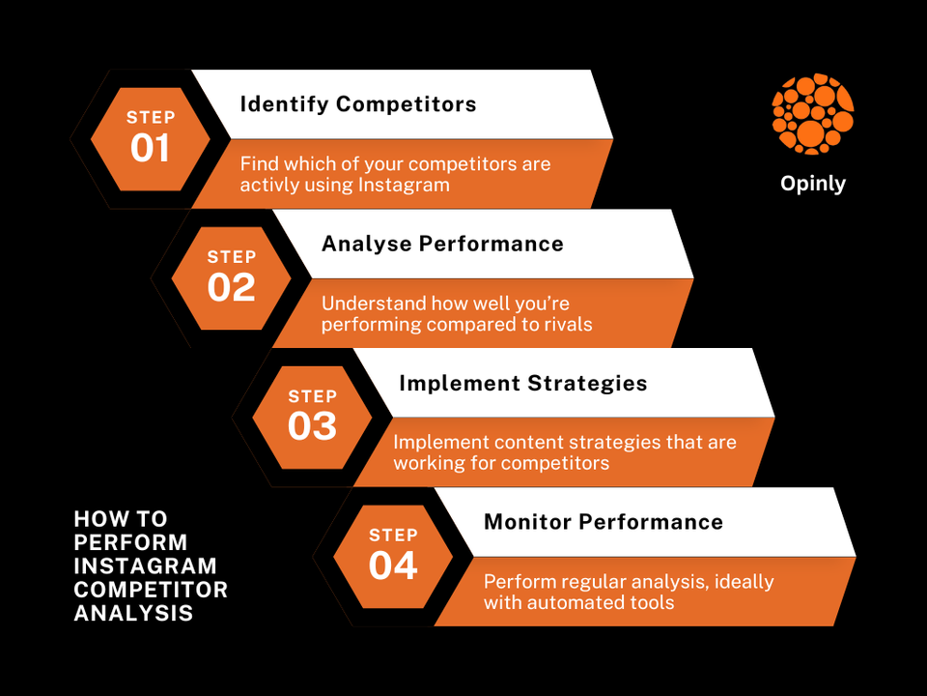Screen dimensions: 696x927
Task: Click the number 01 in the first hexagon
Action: point(151,148)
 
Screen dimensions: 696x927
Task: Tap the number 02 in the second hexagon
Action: point(232,287)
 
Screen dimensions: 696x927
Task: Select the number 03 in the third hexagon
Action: point(312,426)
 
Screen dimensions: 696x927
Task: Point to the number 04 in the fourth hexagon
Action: point(393,565)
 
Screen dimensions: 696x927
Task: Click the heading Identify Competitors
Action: point(358,104)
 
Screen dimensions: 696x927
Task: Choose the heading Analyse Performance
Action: point(442,244)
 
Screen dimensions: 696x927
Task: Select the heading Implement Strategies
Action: point(522,383)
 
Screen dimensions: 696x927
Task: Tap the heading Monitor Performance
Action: point(604,522)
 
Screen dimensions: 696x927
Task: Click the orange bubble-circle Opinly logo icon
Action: point(813,114)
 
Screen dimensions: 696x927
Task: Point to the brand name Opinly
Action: point(813,184)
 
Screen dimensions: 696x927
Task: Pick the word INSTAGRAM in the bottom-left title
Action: point(146,565)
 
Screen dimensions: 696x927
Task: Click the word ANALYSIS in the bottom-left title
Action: point(133,613)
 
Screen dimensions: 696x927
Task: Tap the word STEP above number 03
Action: point(312,396)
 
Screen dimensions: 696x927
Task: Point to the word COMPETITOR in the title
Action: point(151,590)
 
